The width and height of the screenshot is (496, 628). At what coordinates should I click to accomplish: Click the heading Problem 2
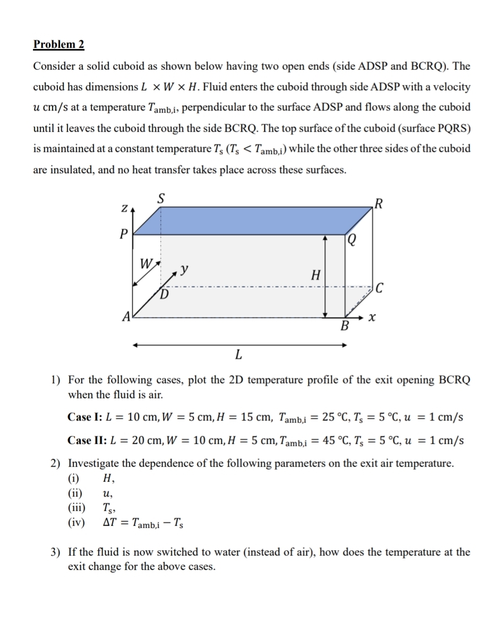(x=58, y=44)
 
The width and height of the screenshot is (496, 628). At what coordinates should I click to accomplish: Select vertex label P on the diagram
(x=124, y=234)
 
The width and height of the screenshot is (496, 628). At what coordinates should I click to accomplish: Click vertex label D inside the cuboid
(x=165, y=294)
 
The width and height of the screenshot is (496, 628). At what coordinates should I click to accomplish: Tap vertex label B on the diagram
(x=344, y=326)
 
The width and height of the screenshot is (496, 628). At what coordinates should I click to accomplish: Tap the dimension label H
(x=315, y=275)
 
